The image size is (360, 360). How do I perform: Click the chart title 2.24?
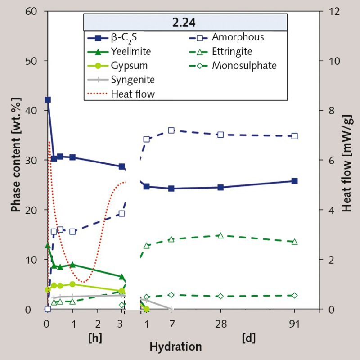(184, 22)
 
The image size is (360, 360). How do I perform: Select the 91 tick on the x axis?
(295, 324)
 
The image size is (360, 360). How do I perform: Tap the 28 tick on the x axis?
(220, 324)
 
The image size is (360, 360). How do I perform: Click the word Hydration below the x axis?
(175, 346)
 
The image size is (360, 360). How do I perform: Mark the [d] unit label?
(248, 337)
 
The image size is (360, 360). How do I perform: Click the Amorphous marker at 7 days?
(171, 130)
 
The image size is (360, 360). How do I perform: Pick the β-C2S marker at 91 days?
(295, 181)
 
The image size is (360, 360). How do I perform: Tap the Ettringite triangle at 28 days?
(220, 235)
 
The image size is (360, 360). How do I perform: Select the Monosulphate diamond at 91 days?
(295, 295)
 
